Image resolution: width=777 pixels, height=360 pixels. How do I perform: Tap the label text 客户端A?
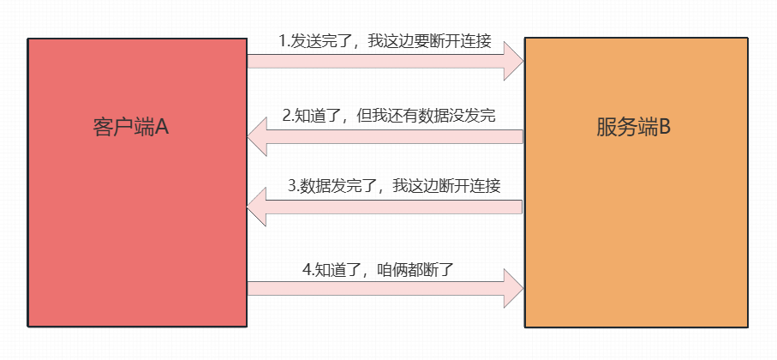coord(130,128)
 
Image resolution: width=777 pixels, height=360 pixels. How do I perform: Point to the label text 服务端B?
coord(633,128)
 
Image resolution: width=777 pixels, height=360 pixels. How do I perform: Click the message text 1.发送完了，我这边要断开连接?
coord(385,41)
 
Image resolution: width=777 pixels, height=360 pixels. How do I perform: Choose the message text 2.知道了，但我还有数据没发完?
coord(390,116)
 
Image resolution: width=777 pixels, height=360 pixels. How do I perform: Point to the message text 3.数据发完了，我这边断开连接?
coord(394,186)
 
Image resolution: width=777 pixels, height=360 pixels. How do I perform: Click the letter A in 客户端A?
coord(162,128)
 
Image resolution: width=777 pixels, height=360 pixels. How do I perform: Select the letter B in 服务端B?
coord(664,128)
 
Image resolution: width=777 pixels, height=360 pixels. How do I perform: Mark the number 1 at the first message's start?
coord(283,41)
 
